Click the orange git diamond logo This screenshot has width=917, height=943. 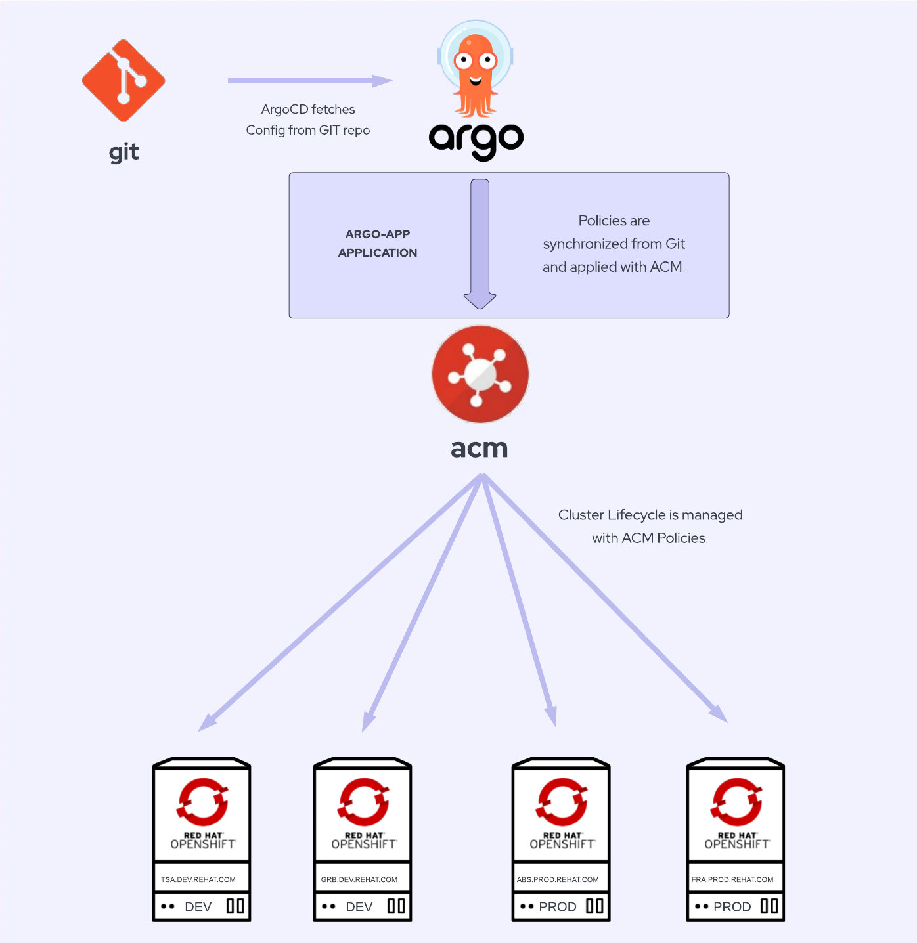point(123,81)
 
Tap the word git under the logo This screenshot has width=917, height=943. point(123,152)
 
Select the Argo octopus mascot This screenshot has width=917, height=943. point(476,69)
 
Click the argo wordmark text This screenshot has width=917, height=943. point(476,139)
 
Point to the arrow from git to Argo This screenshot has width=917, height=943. point(309,81)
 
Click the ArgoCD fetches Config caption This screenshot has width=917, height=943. point(308,120)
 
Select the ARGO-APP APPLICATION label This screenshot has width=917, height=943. point(378,244)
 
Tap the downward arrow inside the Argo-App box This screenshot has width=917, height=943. point(480,243)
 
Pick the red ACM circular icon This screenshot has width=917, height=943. point(480,374)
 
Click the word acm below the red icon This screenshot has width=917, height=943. point(480,449)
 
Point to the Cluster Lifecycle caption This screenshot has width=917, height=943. point(650,526)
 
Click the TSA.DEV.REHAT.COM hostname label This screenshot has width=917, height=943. point(198,879)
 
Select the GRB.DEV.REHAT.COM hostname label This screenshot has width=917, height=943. point(359,879)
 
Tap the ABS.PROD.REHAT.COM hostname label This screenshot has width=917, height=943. point(558,879)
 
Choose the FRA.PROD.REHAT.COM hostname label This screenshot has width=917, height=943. point(732,879)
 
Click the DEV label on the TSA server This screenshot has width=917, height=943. point(198,907)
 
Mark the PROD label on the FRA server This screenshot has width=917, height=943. point(732,907)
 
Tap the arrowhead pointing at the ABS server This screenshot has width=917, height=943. point(552,716)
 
